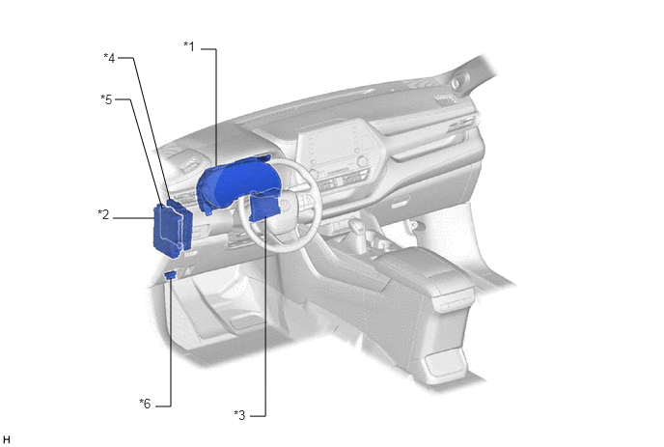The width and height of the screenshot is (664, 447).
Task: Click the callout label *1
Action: pos(189,46)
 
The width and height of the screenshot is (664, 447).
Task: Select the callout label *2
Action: pos(104,215)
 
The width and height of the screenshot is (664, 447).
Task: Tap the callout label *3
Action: pos(239,415)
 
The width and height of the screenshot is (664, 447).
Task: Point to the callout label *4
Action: pos(109,58)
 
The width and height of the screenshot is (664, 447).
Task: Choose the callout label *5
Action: pos(107,99)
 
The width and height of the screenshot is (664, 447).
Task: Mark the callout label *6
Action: pos(145,404)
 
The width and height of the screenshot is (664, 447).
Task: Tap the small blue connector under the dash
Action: pos(171,275)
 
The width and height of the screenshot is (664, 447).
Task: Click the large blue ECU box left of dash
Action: pos(173,229)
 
